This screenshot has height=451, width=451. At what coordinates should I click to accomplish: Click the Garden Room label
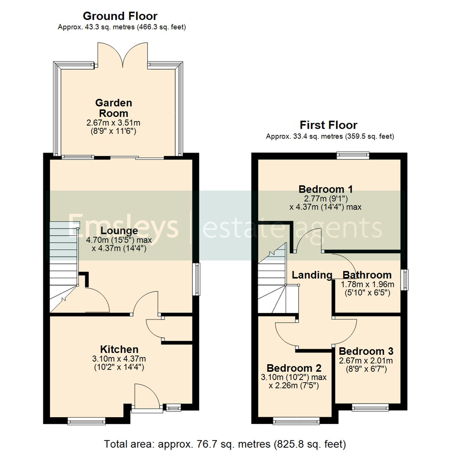pos(114,108)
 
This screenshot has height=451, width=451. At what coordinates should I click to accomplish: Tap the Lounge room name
pos(119,231)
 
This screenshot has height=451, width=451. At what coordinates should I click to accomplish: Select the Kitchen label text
pos(119,349)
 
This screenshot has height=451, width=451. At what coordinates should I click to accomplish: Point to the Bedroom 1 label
pos(326,189)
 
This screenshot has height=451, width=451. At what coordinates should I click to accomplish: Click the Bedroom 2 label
pos(294,368)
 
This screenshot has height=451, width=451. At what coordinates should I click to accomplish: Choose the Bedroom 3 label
pos(366,351)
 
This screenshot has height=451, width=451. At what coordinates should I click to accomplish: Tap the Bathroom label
pos(367,275)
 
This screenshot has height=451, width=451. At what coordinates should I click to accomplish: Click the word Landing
pos(312,275)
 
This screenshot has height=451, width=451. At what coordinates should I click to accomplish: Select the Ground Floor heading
pos(120,16)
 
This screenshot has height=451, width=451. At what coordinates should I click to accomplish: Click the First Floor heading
pos(329,125)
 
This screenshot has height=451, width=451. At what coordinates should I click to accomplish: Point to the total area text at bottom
pos(225,443)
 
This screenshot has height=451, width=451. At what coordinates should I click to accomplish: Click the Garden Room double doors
pos(123,55)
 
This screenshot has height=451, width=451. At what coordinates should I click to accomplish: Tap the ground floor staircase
pos(63,267)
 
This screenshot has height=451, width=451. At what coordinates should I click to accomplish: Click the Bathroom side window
pos(405,280)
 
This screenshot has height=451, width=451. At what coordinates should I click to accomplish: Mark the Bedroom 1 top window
pos(353,155)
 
